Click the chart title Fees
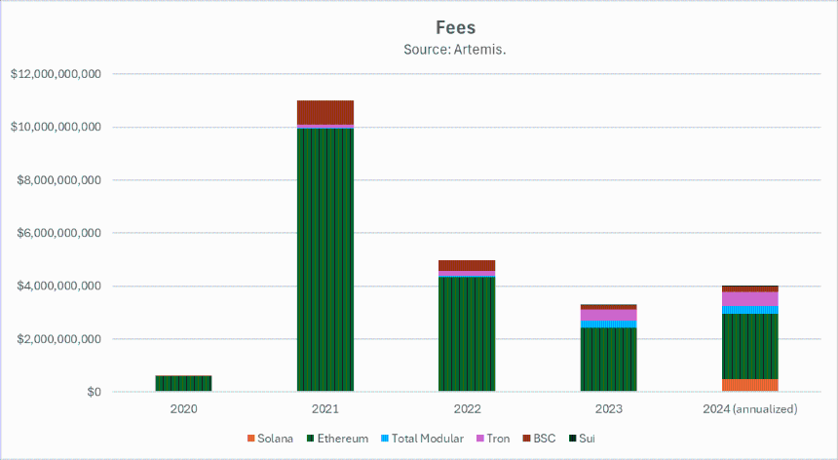pyautogui.click(x=455, y=27)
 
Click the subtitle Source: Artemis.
pyautogui.click(x=455, y=50)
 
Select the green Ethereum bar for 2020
pyautogui.click(x=183, y=384)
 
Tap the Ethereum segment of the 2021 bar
pyautogui.click(x=325, y=259)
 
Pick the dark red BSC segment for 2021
pyautogui.click(x=325, y=112)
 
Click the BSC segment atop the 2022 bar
pyautogui.click(x=467, y=265)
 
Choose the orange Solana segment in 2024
pyautogui.click(x=750, y=385)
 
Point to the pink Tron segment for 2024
pyautogui.click(x=750, y=298)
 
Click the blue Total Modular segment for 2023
pyautogui.click(x=609, y=324)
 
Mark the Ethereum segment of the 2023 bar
pyautogui.click(x=609, y=360)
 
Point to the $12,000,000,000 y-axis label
pyautogui.click(x=56, y=74)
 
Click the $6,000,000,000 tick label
pyautogui.click(x=58, y=233)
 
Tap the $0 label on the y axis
pyautogui.click(x=95, y=392)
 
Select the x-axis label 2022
pyautogui.click(x=467, y=409)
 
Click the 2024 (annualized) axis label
pyautogui.click(x=750, y=409)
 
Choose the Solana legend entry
pyautogui.click(x=270, y=439)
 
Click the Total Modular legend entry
pyautogui.click(x=422, y=439)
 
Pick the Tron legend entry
pyautogui.click(x=493, y=439)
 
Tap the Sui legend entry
pyautogui.click(x=582, y=439)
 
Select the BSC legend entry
pyautogui.click(x=539, y=439)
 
